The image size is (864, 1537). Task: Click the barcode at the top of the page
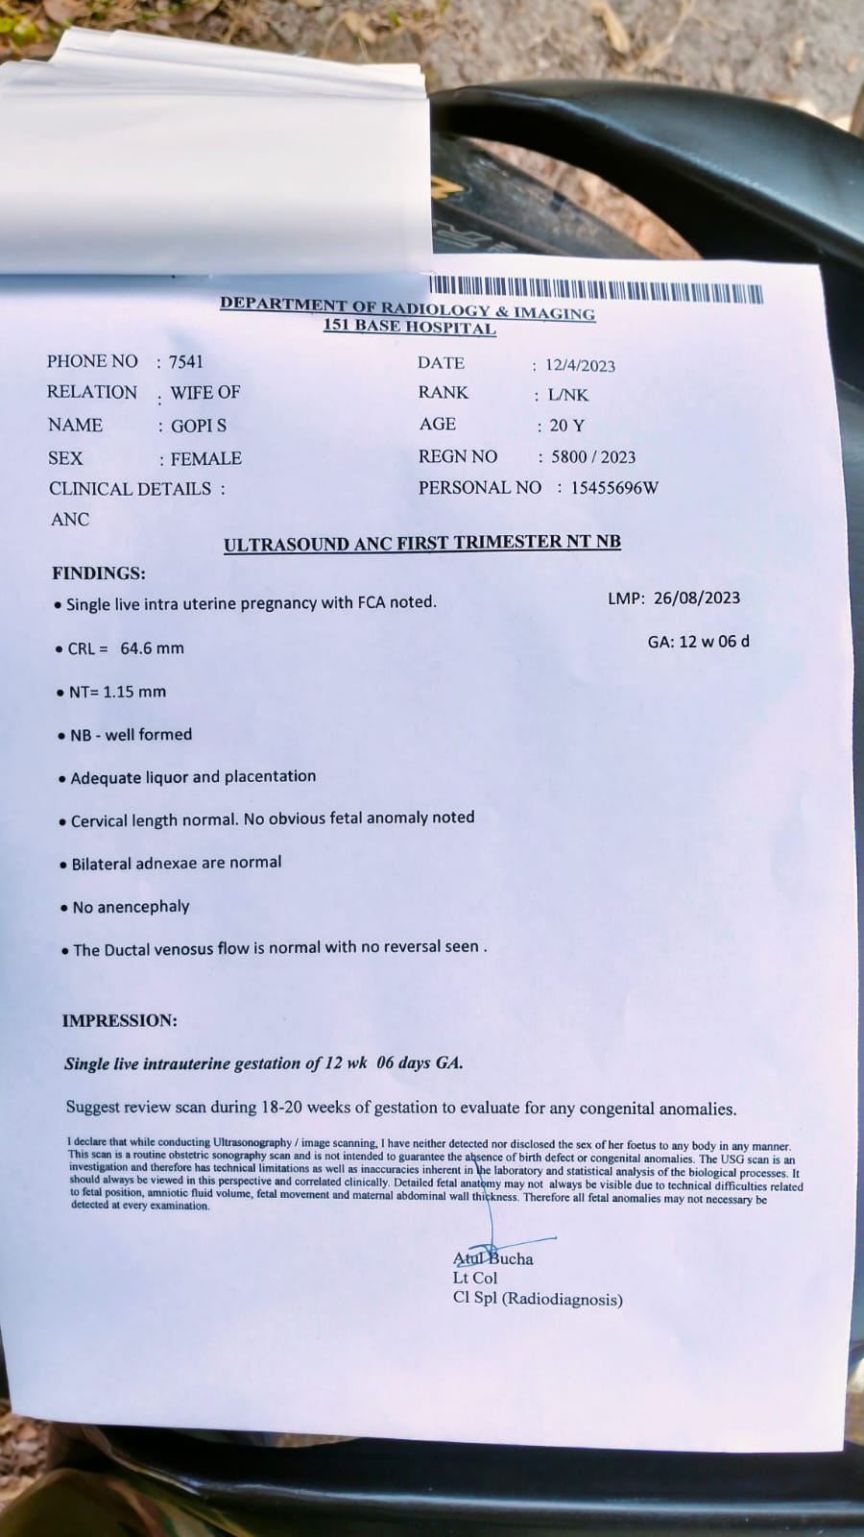[595, 290]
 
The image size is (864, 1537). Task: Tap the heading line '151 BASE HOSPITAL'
[410, 328]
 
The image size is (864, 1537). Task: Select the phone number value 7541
[186, 362]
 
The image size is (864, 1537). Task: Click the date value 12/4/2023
[580, 365]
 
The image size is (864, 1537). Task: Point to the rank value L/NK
[567, 395]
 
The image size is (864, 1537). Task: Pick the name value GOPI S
[199, 426]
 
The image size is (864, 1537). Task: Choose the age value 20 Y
[566, 426]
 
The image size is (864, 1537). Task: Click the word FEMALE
[205, 459]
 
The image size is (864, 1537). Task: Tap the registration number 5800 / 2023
[593, 457]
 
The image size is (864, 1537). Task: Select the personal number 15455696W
[614, 488]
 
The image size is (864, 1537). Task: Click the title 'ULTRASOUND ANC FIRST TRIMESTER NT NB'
[422, 544]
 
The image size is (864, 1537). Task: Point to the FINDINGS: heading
[99, 573]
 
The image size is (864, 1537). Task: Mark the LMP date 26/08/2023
[697, 598]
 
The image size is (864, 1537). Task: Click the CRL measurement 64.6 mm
[152, 648]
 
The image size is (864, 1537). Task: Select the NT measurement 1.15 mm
[131, 692]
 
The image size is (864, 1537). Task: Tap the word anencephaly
[144, 907]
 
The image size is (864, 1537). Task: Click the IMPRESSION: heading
[120, 1021]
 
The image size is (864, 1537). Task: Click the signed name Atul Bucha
[492, 1258]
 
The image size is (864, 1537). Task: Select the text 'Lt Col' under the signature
[475, 1279]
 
